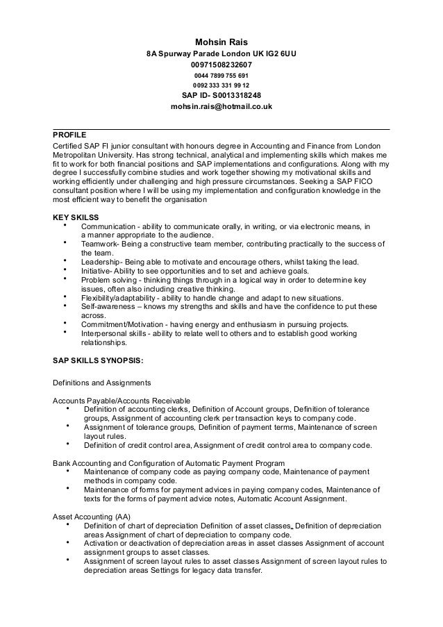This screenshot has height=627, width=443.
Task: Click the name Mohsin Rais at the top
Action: (x=221, y=42)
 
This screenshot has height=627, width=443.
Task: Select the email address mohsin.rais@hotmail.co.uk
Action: (x=221, y=107)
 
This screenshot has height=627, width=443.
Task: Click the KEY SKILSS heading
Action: (x=76, y=217)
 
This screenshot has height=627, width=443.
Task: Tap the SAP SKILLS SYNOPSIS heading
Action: (x=99, y=360)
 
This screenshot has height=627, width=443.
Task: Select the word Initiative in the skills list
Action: (x=97, y=271)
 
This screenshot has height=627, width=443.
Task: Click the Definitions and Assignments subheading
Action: (x=102, y=382)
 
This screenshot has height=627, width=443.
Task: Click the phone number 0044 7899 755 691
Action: (x=221, y=76)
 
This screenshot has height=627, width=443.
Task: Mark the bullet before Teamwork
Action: (x=65, y=243)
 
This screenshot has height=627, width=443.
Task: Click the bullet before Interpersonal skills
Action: (x=65, y=333)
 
